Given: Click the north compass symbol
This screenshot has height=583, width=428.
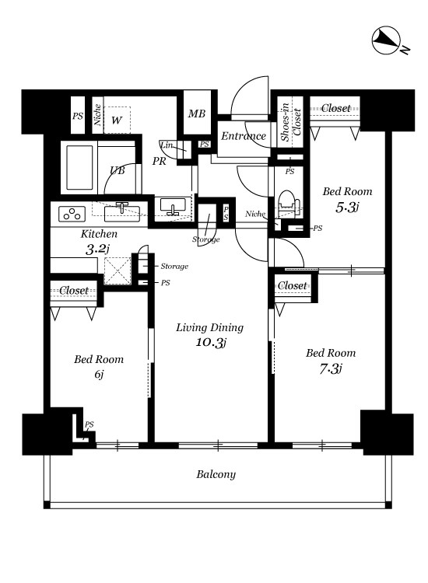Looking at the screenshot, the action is pos(386,40).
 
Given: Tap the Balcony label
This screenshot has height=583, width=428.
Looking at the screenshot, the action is pos(216,474).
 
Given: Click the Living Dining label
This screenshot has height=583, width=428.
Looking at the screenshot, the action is pos(209,327).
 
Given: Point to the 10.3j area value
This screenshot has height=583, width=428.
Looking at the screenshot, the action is pos(211,343).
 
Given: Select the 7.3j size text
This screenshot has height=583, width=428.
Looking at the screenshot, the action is pos(331,368).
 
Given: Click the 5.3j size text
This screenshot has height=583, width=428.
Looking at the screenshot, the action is pos(347,207).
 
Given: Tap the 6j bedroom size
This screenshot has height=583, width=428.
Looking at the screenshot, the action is pos(99,374).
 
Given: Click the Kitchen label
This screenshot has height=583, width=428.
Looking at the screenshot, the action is pos(99,234).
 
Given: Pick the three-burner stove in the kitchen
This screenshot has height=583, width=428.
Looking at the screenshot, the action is pos(72,215).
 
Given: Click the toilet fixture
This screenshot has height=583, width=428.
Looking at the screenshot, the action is pos(289,204).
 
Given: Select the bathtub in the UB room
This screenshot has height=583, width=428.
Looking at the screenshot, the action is pos(79,168).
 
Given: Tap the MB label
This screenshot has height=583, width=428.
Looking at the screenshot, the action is pos(197,113).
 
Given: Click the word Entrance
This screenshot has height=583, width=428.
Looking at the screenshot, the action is pos(244,136).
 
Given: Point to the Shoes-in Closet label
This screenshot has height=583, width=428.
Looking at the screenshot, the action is pos(291,121).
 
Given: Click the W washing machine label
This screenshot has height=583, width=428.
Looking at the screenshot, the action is pos(117,120).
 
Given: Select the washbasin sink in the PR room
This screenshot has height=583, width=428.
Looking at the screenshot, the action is pos(173,207).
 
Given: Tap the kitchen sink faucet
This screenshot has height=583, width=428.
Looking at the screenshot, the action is pos(122,207).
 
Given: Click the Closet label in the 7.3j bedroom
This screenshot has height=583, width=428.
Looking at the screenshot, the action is pos(293,285).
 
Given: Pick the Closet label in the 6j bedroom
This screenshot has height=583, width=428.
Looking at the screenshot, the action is pos(74,291).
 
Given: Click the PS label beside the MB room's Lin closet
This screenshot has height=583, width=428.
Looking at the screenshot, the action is pos(205,145).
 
